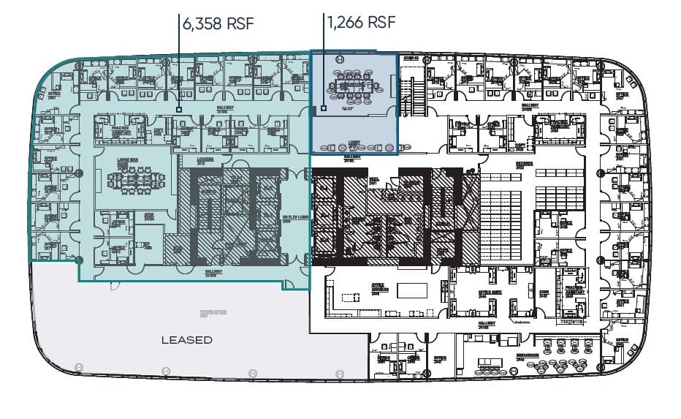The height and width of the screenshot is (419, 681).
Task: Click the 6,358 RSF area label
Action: coord(218,23)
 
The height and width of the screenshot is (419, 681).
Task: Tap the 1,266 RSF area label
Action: coord(361,22)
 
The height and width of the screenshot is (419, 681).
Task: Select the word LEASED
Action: coord(187,340)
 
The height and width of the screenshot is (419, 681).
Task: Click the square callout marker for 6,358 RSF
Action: coord(178,110)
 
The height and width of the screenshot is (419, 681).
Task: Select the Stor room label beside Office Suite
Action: coord(543,295)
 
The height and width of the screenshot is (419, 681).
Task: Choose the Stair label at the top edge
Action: coord(411,58)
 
